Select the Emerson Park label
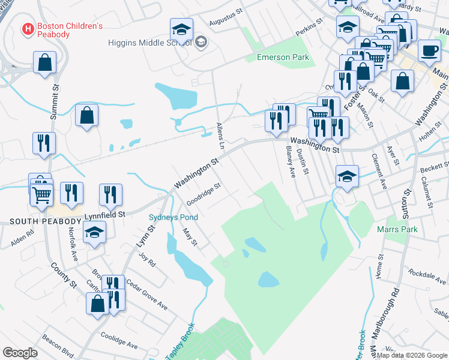282,57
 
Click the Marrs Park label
397,229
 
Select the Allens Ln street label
220,137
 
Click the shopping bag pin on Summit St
44,62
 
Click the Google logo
20,353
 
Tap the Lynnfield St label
104,214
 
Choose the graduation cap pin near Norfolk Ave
94,232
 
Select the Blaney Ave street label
290,164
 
